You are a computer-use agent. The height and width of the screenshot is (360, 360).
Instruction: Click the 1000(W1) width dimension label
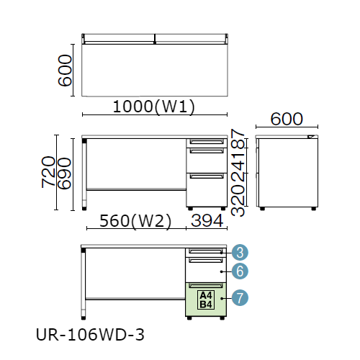point(154,107)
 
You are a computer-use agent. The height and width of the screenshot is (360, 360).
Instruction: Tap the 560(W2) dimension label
point(135,221)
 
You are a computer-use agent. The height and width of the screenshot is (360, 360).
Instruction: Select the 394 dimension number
point(207,221)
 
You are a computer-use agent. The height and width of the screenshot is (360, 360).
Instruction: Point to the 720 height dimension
point(48,172)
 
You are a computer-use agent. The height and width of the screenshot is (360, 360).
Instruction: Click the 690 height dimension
point(64,174)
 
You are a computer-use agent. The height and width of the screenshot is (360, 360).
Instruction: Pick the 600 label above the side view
point(287,119)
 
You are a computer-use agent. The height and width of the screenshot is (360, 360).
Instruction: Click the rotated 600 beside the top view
point(65,71)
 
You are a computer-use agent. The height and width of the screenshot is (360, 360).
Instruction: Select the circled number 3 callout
point(240,252)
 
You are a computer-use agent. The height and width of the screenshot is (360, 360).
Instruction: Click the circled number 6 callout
point(240,271)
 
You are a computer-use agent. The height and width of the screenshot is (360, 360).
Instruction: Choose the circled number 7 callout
point(240,298)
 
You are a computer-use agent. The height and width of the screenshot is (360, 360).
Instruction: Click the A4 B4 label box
point(206,300)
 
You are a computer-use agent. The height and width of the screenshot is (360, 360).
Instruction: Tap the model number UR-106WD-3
point(90,335)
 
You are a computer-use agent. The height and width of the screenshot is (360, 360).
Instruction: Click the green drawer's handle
point(206,286)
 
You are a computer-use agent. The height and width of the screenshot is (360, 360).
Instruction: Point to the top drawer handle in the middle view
point(207,142)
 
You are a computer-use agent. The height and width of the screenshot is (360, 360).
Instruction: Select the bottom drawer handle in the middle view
point(207,176)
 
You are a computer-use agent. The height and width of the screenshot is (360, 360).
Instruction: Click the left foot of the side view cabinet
point(262,209)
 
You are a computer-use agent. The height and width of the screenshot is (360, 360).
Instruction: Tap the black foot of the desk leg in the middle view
point(84,208)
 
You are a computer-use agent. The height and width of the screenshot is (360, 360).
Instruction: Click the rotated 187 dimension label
point(238,139)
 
